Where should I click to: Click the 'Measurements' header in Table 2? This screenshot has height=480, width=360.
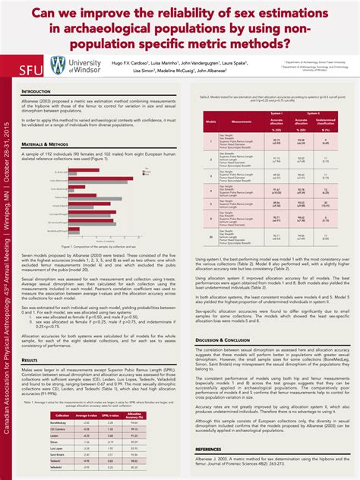pyautogui.click(x=242, y=120)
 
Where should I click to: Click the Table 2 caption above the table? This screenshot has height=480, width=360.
pyautogui.click(x=270, y=98)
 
